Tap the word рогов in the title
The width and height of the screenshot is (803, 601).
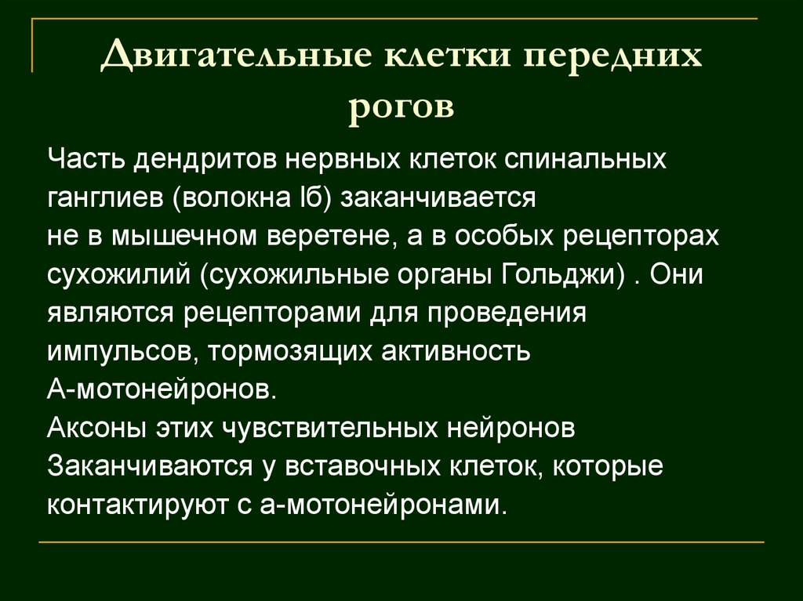pyautogui.click(x=401, y=106)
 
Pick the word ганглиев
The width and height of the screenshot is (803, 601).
pyautogui.click(x=104, y=198)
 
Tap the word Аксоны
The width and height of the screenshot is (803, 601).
pyautogui.click(x=93, y=428)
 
